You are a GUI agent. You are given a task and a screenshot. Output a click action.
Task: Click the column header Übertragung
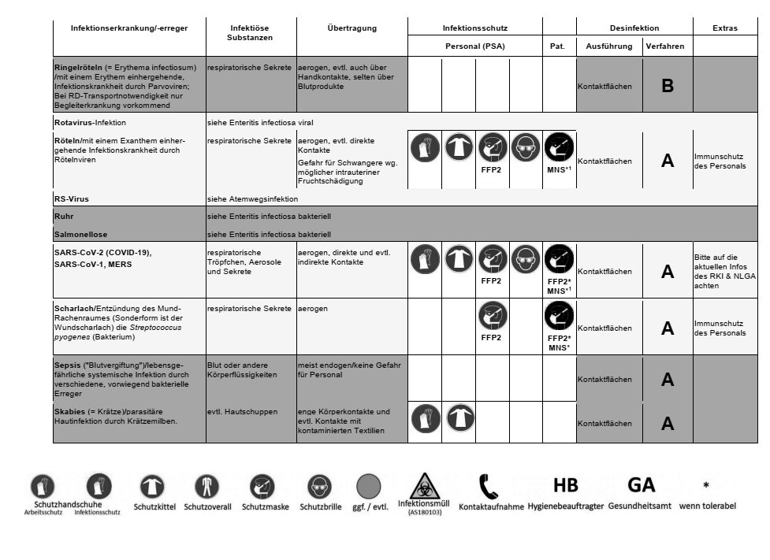coord(352,28)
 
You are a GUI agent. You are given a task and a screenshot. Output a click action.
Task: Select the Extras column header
coord(724,28)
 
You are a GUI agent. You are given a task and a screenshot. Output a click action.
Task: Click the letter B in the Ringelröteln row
coord(667,86)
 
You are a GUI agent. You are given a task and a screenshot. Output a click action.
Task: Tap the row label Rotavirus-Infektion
coord(90,123)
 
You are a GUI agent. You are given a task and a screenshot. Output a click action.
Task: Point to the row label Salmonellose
coord(80,234)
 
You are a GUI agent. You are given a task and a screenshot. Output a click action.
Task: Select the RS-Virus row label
coord(72,199)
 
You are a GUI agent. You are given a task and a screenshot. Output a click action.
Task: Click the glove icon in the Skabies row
coord(425,417)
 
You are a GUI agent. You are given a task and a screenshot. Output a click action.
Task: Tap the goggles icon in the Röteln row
coord(526,147)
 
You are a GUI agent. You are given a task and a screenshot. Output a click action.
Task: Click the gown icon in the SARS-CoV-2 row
coord(459,259)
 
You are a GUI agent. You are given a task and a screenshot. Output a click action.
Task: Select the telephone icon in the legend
coord(489,487)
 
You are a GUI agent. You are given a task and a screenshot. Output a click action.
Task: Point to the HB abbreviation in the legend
coord(566,485)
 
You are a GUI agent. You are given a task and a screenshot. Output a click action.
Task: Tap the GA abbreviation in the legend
coord(641,485)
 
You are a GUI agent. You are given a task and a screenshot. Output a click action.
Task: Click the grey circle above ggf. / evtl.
coord(368,486)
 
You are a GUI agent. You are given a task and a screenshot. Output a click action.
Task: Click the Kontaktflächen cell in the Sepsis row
coord(604,379)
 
